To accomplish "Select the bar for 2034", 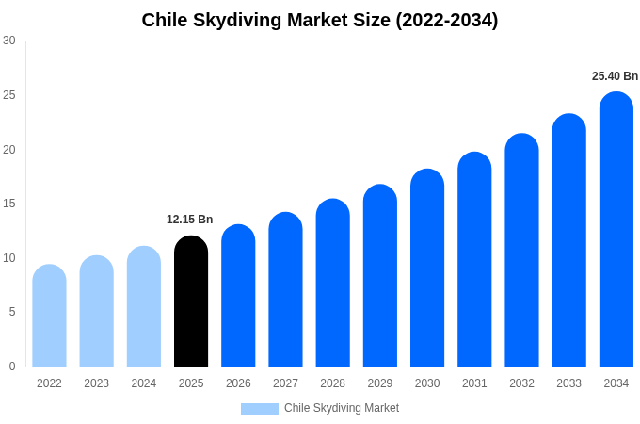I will click(616, 230).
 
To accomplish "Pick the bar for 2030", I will click(427, 269).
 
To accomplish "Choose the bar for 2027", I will click(285, 290).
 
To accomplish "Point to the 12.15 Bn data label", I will click(190, 220).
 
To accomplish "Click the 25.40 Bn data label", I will click(615, 76).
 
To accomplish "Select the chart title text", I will click(320, 20).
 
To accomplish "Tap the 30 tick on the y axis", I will click(9, 41).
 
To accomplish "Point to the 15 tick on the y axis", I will click(9, 204).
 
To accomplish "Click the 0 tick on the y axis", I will click(12, 367).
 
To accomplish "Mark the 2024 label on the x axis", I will click(144, 383).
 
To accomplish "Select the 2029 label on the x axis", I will click(380, 383).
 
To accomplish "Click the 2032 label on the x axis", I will click(521, 383).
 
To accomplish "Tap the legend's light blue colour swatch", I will click(260, 409).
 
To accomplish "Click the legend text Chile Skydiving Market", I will click(342, 408).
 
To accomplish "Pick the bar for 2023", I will click(96, 312).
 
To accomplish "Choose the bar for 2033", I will click(569, 240).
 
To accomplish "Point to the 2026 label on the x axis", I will click(238, 383).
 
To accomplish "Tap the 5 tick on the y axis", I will click(12, 312).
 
